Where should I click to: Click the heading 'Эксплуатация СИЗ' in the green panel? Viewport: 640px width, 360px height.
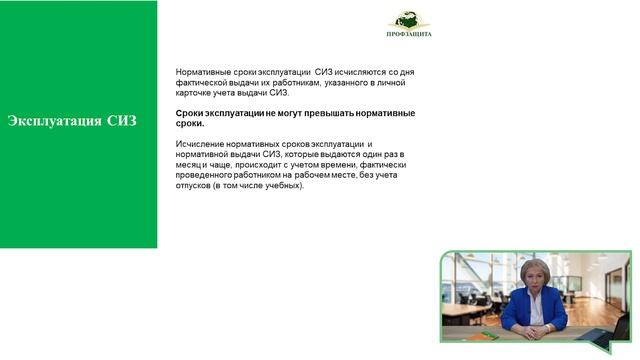click(72, 122)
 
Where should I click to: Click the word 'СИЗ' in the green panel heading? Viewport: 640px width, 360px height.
click(122, 122)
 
